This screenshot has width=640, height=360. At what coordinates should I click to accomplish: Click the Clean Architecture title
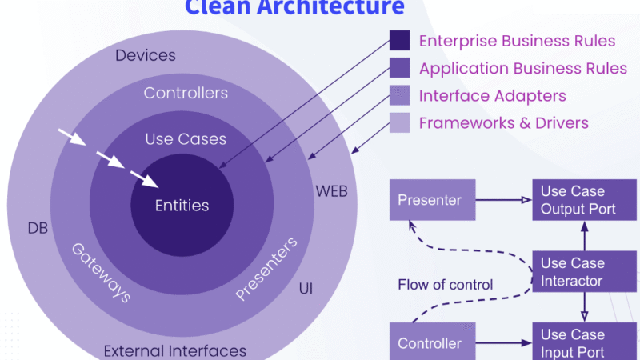294,8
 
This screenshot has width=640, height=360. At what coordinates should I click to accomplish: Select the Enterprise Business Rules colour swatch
400,41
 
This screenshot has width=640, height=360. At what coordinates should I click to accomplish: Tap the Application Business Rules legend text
517,68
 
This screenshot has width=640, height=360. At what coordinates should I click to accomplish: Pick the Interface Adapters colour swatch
400,96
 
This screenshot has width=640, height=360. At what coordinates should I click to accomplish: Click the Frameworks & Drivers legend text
504,122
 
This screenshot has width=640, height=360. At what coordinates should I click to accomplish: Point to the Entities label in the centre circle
182,206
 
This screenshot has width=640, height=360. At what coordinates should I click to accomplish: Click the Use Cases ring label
186,139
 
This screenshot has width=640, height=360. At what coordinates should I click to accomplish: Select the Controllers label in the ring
186,94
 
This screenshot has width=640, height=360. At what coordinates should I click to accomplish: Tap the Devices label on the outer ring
146,56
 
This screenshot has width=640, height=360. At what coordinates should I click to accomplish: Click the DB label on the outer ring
38,229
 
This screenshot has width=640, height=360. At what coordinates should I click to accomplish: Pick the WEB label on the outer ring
331,192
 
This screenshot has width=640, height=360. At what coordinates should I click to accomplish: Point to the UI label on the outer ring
306,286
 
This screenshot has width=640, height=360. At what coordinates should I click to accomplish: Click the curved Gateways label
101,272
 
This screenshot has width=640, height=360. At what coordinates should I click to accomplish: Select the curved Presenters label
267,269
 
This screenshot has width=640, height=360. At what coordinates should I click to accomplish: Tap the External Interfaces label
174,350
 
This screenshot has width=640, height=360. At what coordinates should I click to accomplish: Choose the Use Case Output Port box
584,201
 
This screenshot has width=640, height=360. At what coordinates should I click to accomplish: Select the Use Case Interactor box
584,272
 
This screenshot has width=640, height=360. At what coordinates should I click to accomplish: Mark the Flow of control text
446,285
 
